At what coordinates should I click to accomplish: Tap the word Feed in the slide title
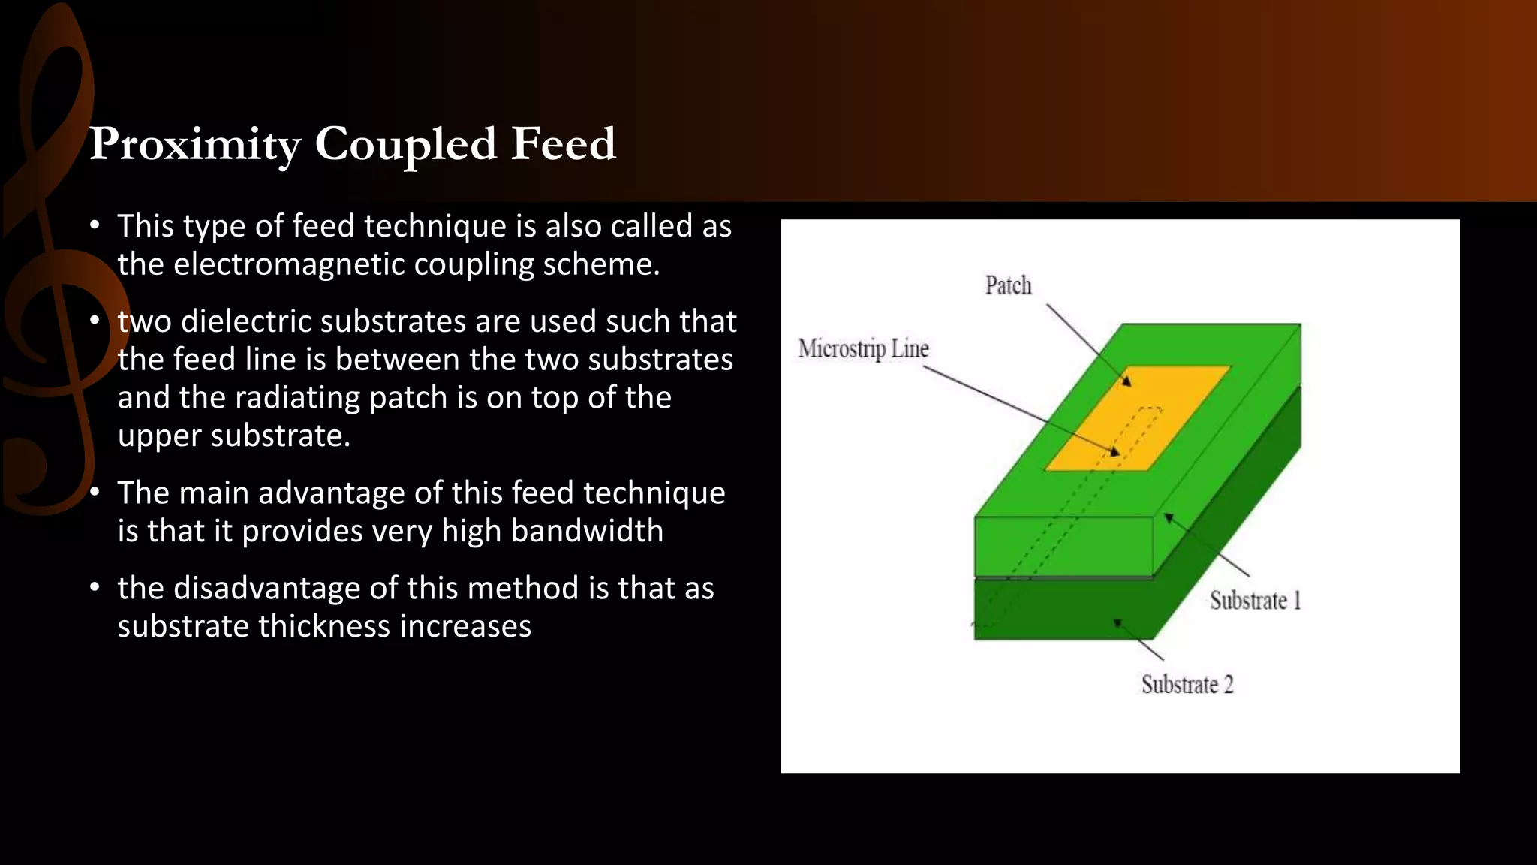563,143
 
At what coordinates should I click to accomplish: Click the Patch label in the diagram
1008,286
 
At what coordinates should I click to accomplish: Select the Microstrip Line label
863,349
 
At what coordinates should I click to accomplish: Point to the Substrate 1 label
1255,601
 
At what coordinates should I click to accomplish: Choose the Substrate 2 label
1187,685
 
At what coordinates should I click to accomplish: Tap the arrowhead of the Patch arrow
1126,381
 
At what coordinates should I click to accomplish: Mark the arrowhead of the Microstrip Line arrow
1115,452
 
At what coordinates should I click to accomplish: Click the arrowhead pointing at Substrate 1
1168,517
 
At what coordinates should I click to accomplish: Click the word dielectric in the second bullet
246,321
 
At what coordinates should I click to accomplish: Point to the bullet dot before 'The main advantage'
95,493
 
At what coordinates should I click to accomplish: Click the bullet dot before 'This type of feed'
95,225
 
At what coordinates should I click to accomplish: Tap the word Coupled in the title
405,144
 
